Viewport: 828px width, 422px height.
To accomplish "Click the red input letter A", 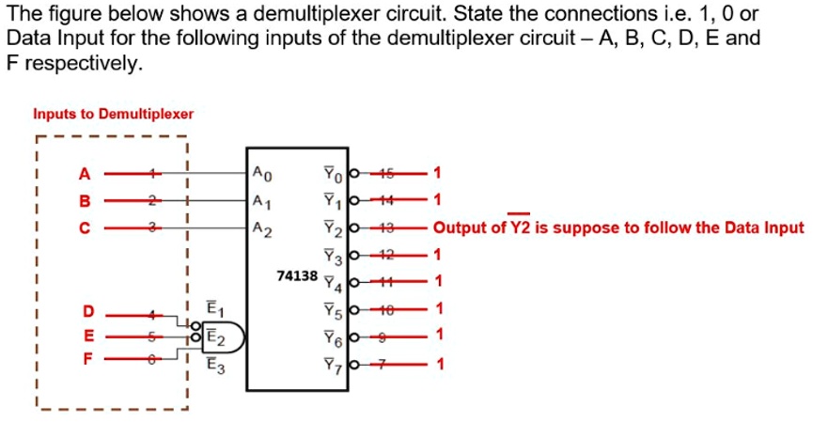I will [x=85, y=173].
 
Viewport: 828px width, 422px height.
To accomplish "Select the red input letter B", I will [x=85, y=200].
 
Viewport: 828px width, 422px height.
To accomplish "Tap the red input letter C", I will [x=85, y=227].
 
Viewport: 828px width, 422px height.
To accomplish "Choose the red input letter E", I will [x=88, y=335].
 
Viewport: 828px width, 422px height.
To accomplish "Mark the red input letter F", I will [x=88, y=357].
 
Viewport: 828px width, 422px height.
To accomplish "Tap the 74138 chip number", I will [x=298, y=275].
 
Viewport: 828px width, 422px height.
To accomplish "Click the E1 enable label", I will [x=214, y=310].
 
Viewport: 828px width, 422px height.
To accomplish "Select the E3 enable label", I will [x=214, y=365].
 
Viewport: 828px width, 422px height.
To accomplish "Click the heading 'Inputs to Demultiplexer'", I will [x=113, y=114].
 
